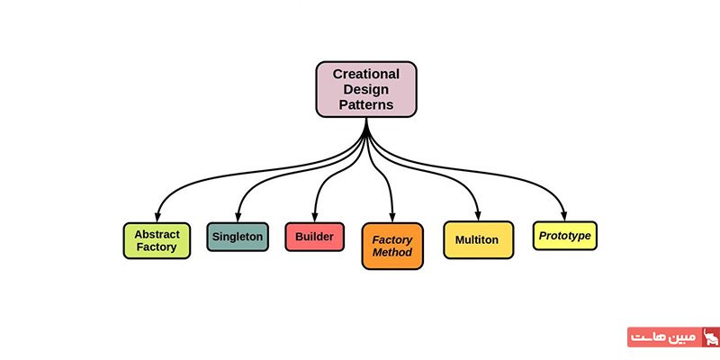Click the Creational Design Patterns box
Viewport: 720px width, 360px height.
(x=366, y=89)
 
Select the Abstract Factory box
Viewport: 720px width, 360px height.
(x=157, y=240)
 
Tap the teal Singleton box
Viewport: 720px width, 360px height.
(x=238, y=237)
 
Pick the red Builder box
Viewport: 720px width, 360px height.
(x=314, y=237)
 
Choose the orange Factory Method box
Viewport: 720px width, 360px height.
(x=392, y=246)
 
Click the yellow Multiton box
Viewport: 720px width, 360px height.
(x=477, y=240)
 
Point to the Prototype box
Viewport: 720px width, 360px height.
(x=564, y=236)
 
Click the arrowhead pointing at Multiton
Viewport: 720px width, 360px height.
(x=477, y=216)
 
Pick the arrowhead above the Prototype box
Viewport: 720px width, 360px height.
(x=564, y=216)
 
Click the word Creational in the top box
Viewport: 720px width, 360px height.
(x=366, y=74)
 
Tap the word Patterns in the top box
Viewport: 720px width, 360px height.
(x=366, y=104)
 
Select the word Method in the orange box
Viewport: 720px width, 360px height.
(x=392, y=253)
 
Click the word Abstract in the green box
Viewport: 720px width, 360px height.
(x=157, y=233)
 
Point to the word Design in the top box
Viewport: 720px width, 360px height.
(x=366, y=89)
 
